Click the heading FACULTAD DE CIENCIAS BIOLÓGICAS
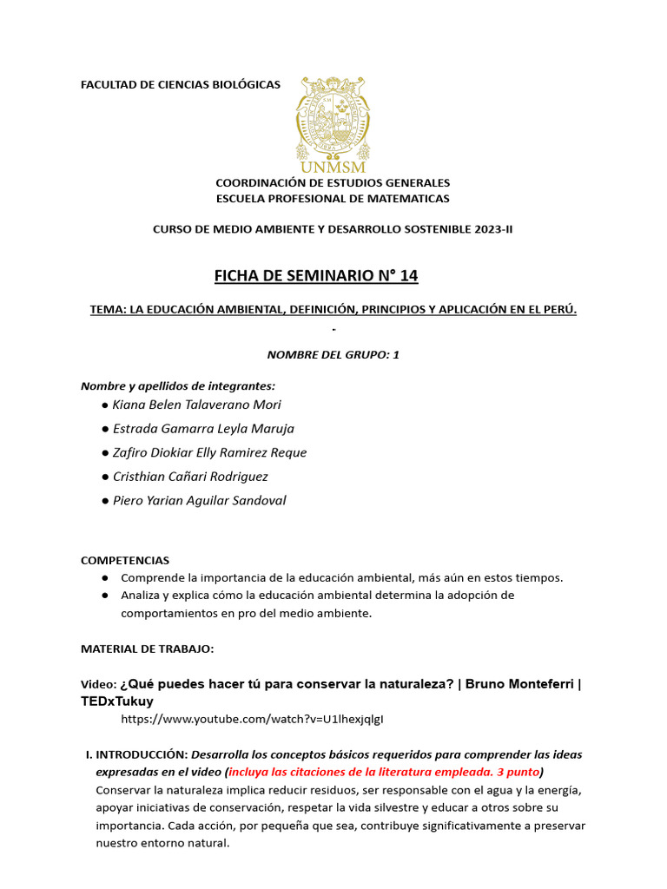[181, 84]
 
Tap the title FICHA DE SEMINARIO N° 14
[316, 276]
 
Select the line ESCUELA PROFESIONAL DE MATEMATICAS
[333, 199]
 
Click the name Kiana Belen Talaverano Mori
[197, 405]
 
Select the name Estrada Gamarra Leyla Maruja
[203, 429]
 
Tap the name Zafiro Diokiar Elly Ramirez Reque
[209, 452]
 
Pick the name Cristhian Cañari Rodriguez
[190, 477]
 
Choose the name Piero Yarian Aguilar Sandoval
[199, 501]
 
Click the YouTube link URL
[252, 719]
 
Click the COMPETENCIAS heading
[125, 561]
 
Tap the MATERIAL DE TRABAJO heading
[147, 649]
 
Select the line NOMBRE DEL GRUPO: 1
[333, 354]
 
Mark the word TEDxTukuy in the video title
[116, 701]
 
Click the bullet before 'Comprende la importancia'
[105, 578]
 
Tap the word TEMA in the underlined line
[107, 310]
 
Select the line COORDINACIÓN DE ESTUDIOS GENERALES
[333, 183]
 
